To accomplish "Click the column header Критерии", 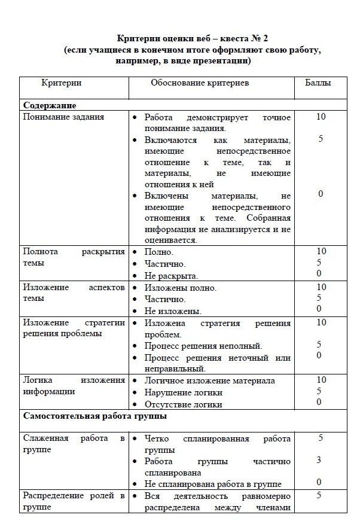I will coord(61,83).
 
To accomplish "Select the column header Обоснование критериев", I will coord(200,83).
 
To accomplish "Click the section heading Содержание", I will coord(50,105).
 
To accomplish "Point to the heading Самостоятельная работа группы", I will coord(94,415).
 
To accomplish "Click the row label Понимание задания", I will coord(63,117).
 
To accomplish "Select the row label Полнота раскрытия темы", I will coord(73,257).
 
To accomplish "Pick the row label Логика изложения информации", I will coord(73,386).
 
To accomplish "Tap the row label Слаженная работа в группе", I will coord(73,444).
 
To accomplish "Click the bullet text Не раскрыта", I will coord(171,276).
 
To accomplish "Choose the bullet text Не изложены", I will coord(173,311).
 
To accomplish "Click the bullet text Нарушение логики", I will coord(184,392).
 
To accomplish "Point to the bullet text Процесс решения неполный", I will coord(203,346).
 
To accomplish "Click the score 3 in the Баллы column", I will coord(319,460).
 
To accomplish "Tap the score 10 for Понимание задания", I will coord(321,117).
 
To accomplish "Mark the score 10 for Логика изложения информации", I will coord(321,380).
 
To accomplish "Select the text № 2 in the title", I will coord(266,39).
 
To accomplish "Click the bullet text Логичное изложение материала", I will coord(210,380).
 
